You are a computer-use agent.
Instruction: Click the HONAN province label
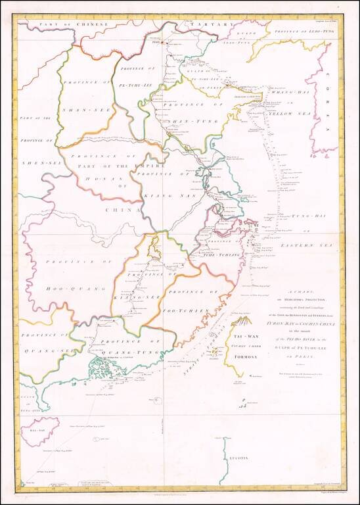click(95, 178)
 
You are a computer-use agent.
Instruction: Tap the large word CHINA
click(123, 210)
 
